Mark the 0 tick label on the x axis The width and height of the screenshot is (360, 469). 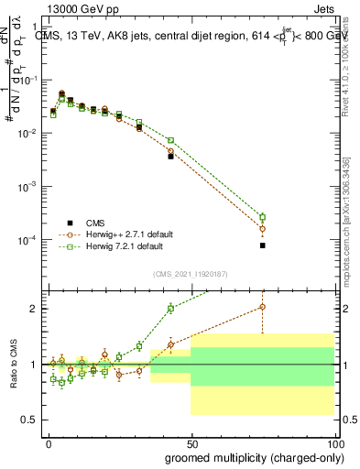(49, 442)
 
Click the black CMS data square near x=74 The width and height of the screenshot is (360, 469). (262, 245)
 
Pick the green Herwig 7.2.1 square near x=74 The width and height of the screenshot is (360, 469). (262, 217)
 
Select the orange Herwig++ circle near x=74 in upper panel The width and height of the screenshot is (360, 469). (262, 228)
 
